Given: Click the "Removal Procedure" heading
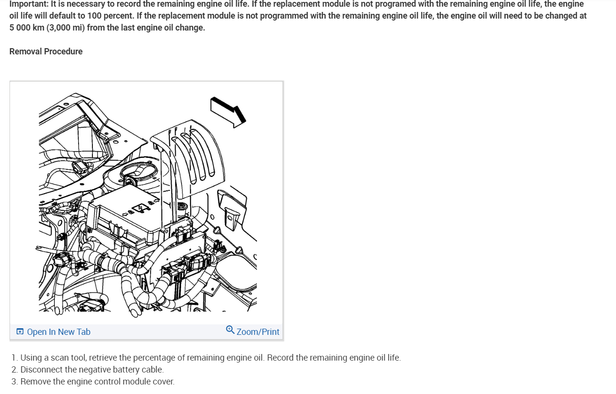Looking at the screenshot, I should click(46, 52).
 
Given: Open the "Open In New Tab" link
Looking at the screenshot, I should click(59, 332).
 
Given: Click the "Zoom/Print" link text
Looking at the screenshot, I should click(258, 332).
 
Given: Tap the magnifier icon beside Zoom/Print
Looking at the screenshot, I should click(230, 330).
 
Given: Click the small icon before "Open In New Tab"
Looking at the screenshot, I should click(20, 332).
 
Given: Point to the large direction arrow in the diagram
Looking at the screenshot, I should click(228, 111).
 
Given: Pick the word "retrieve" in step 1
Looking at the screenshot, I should click(104, 358).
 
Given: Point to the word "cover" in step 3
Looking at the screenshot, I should click(163, 382).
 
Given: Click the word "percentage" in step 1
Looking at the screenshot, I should click(155, 358).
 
